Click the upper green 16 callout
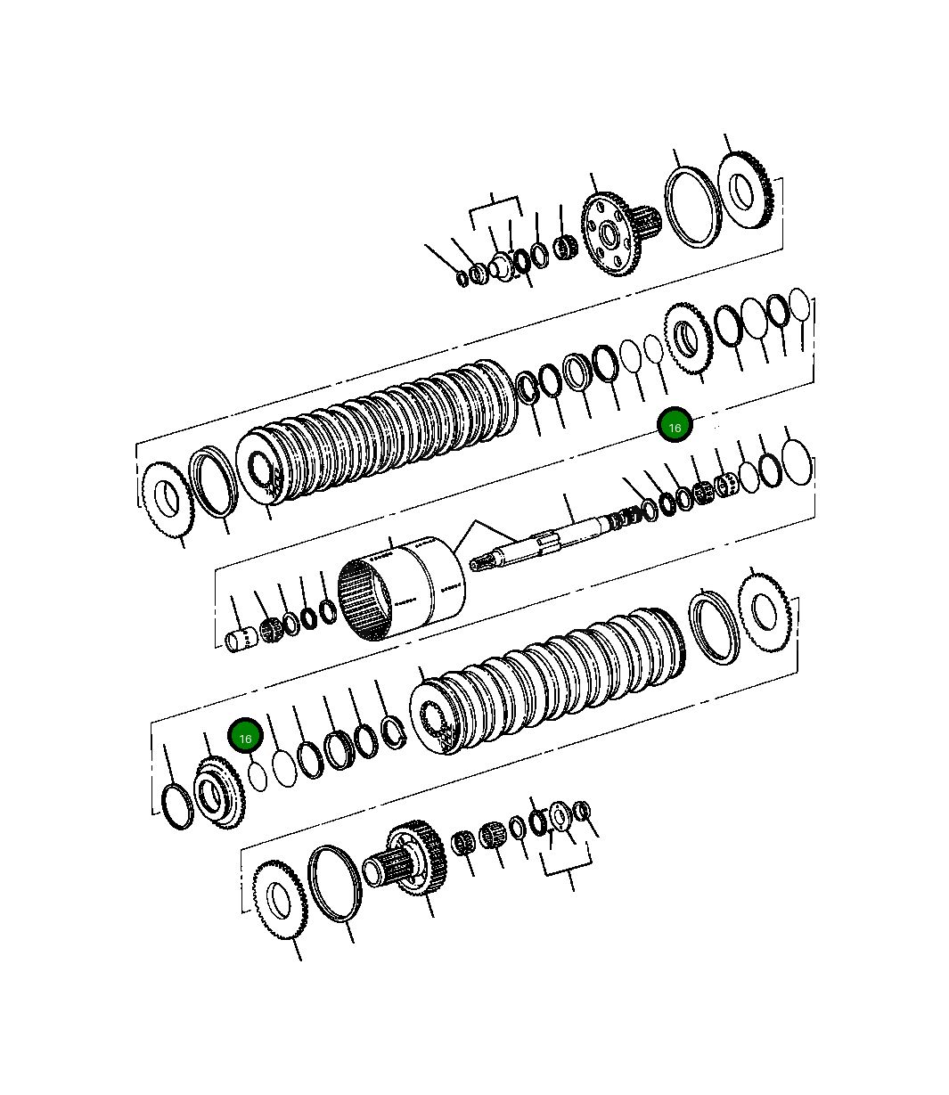coord(675,427)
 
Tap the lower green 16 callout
coord(245,737)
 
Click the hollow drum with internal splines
coord(401,589)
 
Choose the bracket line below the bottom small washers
coord(568,868)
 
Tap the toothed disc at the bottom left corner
coord(280,901)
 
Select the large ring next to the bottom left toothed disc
coord(335,883)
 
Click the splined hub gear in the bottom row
coord(414,856)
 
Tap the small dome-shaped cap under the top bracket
coord(501,266)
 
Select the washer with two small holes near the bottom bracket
coord(560,815)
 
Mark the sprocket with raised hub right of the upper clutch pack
coord(687,338)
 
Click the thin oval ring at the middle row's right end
coord(797,462)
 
